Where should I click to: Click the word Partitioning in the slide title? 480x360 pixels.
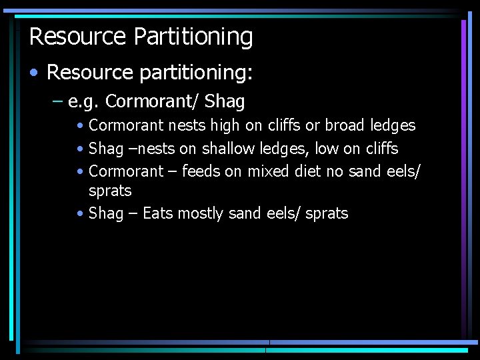[194, 37]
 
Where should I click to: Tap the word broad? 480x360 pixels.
[344, 125]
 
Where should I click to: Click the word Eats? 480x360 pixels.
[158, 213]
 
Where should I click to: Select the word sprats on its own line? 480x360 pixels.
[110, 191]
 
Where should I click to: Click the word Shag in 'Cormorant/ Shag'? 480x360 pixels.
[225, 102]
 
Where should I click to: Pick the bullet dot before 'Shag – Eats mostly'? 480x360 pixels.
[80, 214]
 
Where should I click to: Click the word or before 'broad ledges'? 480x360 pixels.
[313, 125]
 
